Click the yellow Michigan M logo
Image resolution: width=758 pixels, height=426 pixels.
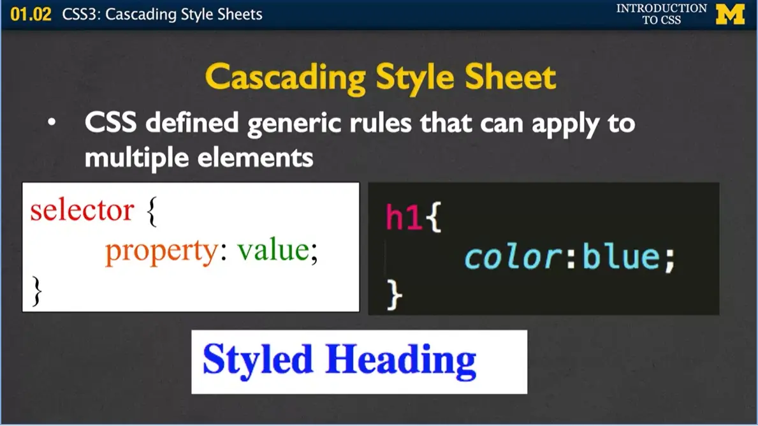[730, 14]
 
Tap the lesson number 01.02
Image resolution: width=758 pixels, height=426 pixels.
[31, 14]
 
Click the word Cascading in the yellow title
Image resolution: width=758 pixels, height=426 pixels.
[286, 78]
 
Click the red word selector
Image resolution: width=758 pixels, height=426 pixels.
[82, 210]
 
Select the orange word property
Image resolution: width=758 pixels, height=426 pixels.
[161, 251]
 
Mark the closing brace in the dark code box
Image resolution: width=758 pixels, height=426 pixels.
[395, 295]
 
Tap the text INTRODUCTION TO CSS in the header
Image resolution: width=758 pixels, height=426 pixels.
[661, 14]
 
